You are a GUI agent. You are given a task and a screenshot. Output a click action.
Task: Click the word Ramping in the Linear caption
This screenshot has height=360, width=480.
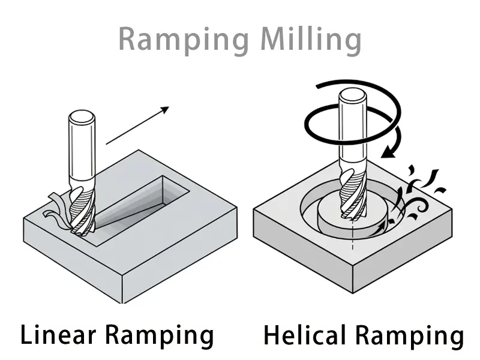[x=164, y=335]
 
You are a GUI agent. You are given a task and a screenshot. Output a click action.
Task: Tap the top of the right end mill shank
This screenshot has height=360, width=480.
[x=352, y=94]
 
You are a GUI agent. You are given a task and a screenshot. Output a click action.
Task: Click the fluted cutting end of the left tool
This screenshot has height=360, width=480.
[x=82, y=210]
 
